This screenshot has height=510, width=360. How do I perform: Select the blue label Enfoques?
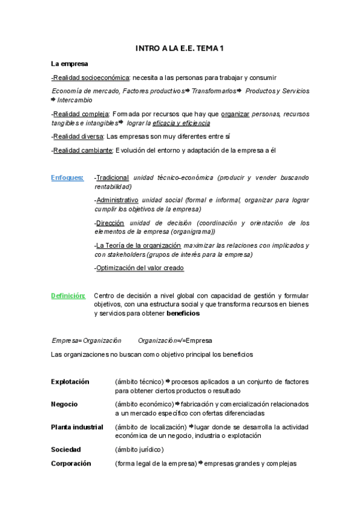point(67,178)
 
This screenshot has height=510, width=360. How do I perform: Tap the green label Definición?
point(68,295)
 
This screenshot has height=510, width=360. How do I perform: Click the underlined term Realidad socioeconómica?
point(91,78)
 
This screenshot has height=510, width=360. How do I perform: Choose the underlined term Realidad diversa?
point(78,137)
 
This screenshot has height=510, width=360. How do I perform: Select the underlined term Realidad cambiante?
point(82,150)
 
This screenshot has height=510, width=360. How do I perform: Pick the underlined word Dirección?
point(110,223)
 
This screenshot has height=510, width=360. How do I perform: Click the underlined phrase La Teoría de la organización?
point(138,245)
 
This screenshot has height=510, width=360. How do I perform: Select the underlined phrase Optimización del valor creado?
point(140,268)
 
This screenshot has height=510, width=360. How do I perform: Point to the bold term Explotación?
point(70,381)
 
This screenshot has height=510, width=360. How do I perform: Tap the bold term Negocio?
point(64,404)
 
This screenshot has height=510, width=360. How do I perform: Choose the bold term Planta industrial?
point(77,426)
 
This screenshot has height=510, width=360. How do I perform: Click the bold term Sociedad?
point(66,449)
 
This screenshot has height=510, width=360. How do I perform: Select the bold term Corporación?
point(71,464)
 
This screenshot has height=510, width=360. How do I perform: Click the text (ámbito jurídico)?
point(139,449)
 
